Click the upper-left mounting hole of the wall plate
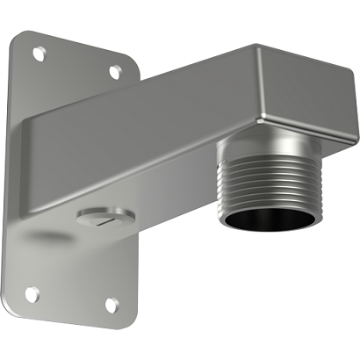click(x=38, y=53)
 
